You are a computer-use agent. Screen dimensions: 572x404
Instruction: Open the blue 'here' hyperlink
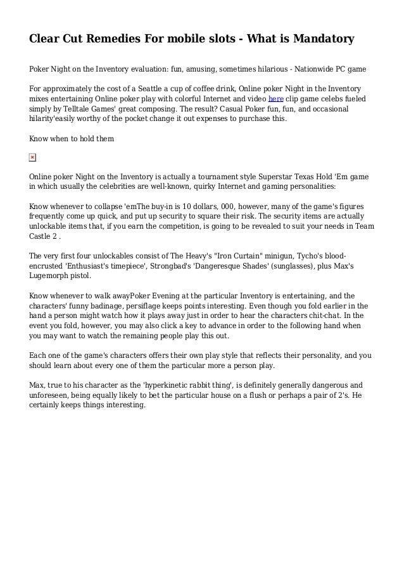pos(275,99)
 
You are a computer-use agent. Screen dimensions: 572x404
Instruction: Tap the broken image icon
pos(33,156)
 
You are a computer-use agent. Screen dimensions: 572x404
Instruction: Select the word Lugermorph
pos(54,277)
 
